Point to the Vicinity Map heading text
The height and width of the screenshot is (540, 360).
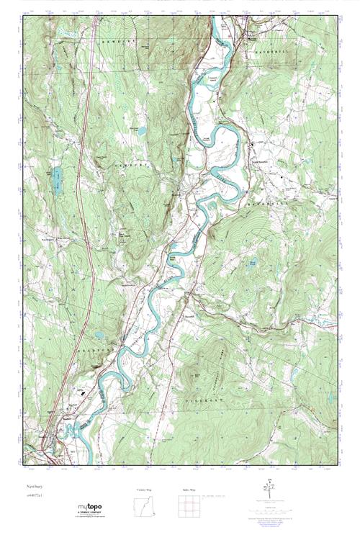[145, 490]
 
